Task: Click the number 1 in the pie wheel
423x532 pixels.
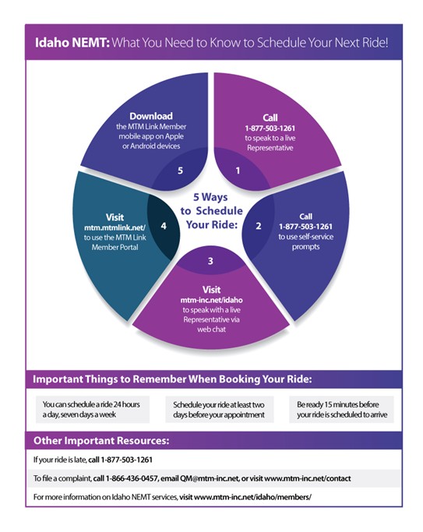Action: tap(238, 171)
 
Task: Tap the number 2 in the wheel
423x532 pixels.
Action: tap(259, 226)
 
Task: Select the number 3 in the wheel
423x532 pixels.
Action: tap(210, 261)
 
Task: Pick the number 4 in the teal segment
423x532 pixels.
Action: tap(164, 226)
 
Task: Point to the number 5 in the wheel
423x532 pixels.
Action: tap(181, 171)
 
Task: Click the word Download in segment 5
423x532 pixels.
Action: tap(151, 116)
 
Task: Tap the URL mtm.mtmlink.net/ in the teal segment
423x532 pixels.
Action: tap(115, 227)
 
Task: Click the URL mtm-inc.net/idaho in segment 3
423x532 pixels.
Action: tap(211, 300)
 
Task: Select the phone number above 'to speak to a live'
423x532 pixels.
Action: tap(270, 129)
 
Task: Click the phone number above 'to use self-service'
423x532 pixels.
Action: tap(305, 227)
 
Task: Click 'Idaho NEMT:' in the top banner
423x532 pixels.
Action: tap(72, 43)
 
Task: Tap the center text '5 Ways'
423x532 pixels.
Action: tap(210, 197)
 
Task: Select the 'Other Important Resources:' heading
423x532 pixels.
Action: tap(101, 440)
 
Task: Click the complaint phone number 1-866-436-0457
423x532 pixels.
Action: tap(132, 478)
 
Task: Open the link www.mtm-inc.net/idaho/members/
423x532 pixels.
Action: tap(252, 497)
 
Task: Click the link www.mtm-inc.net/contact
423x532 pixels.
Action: tap(308, 478)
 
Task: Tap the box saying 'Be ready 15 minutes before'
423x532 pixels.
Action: tap(341, 410)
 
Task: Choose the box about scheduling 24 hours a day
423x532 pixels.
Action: tap(93, 410)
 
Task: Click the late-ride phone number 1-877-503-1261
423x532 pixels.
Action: tap(126, 460)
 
